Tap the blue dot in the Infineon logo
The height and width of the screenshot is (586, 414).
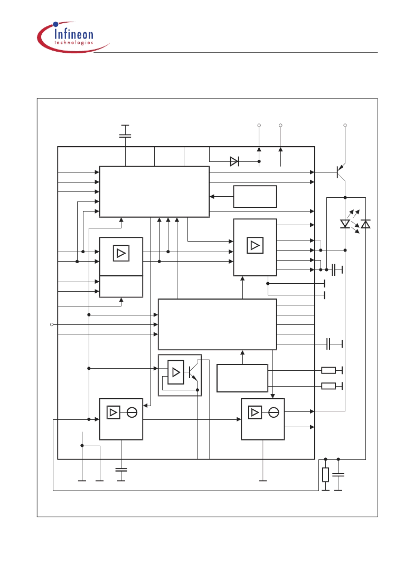[56, 24]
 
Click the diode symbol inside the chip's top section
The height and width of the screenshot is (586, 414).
[234, 161]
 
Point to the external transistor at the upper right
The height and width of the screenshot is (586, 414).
[341, 172]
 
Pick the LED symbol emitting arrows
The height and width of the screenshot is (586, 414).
[345, 224]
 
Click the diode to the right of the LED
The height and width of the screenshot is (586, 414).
[366, 224]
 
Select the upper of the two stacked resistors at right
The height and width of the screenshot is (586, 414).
[328, 370]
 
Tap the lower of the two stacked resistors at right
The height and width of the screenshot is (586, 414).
[328, 386]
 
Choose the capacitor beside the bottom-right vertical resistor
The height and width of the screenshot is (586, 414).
[338, 475]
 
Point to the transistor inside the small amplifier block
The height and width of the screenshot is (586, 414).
[193, 372]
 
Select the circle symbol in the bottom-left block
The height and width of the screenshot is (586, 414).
[132, 412]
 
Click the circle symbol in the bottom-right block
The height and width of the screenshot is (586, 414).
[274, 412]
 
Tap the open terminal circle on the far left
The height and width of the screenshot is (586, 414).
[52, 324]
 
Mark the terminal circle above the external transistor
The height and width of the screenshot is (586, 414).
[345, 125]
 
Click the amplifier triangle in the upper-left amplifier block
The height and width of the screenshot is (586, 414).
[121, 253]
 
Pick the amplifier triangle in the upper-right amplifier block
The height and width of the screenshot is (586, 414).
[255, 245]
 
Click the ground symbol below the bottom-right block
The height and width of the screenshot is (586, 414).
[263, 481]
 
